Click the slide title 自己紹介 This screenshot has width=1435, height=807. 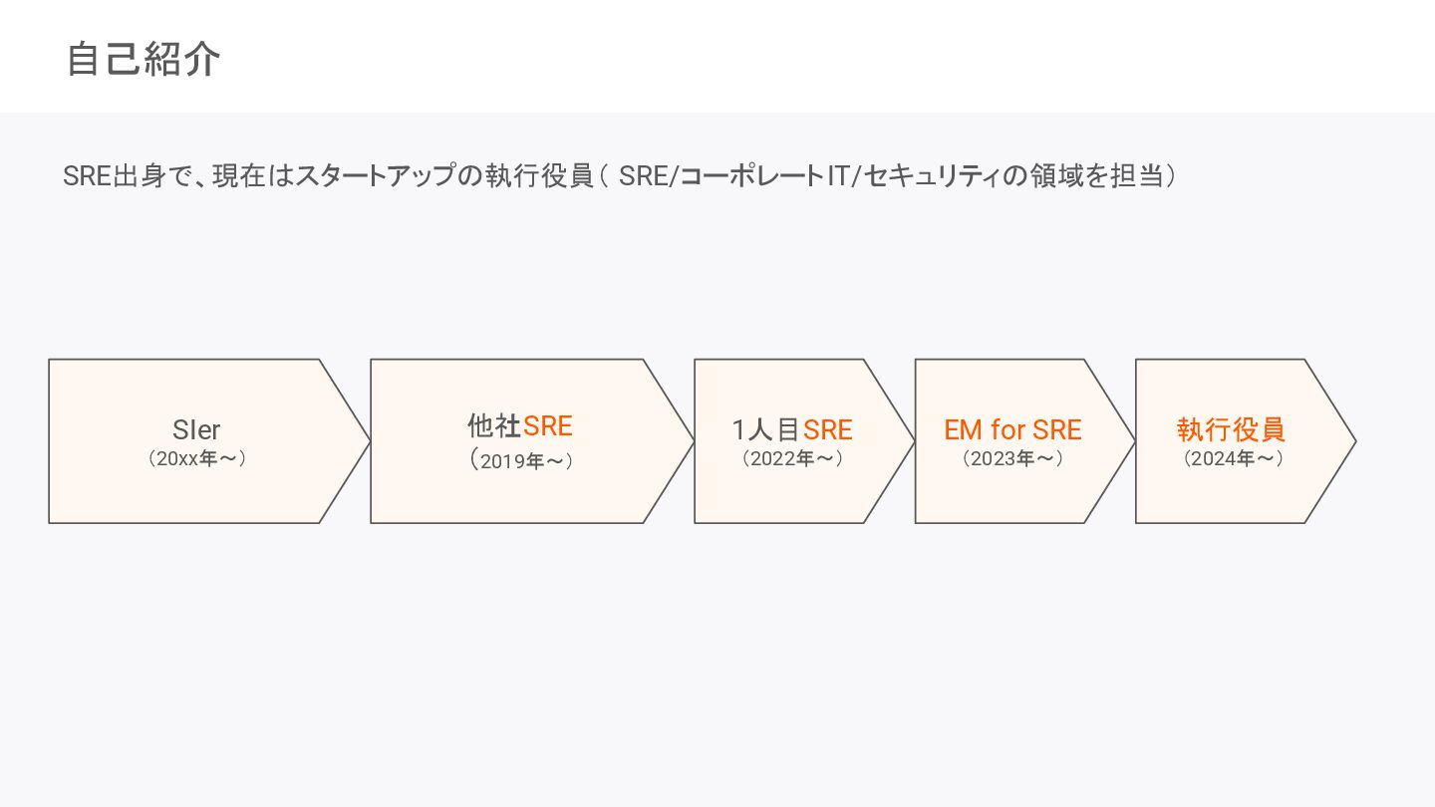point(143,60)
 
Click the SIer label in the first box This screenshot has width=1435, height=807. point(196,429)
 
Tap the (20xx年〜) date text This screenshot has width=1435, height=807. point(196,459)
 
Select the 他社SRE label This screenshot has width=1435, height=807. point(520,426)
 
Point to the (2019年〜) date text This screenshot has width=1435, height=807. point(521,460)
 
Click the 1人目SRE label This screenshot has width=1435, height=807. point(792,429)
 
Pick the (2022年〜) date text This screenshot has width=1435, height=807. point(792,459)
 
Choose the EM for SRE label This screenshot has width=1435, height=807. point(1012,429)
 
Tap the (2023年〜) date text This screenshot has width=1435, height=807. point(1012,459)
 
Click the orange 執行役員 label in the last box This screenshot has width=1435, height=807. point(1231,429)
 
